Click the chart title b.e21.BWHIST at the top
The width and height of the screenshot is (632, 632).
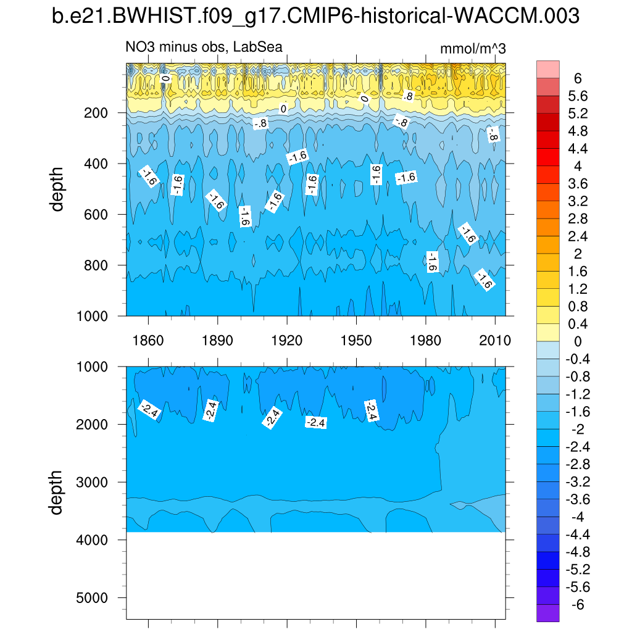315,17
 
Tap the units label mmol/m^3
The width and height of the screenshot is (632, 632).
473,49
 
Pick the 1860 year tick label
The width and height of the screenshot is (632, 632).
148,341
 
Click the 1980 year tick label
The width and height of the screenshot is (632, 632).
426,341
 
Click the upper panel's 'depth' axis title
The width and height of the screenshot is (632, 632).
58,189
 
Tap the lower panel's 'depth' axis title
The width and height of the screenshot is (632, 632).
58,493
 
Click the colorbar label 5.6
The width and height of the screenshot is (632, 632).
578,96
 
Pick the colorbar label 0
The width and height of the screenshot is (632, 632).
578,341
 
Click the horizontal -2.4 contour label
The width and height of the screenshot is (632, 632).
316,422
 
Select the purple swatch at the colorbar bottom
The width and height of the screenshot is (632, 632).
548,613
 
